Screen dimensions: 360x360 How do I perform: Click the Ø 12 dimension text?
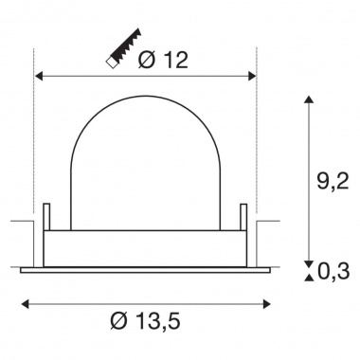coord(162,60)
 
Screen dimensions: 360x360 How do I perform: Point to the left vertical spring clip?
coord(45,224)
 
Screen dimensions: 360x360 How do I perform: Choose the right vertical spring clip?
coord(243,224)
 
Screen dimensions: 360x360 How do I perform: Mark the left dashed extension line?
coord(35,142)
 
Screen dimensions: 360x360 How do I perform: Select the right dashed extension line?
coord(256,142)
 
